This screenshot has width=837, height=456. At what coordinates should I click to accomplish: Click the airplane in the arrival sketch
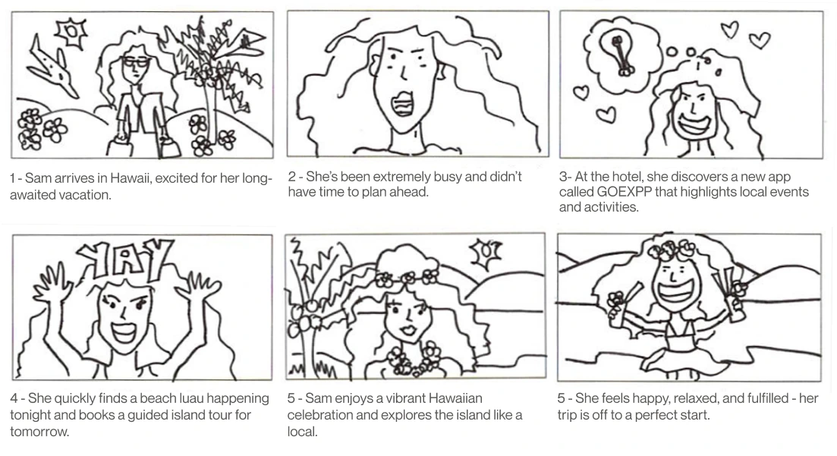(51, 69)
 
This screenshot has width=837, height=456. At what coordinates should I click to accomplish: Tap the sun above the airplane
(71, 33)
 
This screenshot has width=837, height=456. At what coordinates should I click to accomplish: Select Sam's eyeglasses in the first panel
(135, 62)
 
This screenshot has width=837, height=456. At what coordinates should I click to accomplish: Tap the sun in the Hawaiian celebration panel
(485, 253)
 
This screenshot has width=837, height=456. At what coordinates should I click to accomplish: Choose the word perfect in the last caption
(662, 415)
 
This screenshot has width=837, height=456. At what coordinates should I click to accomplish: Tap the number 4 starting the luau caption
(14, 398)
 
